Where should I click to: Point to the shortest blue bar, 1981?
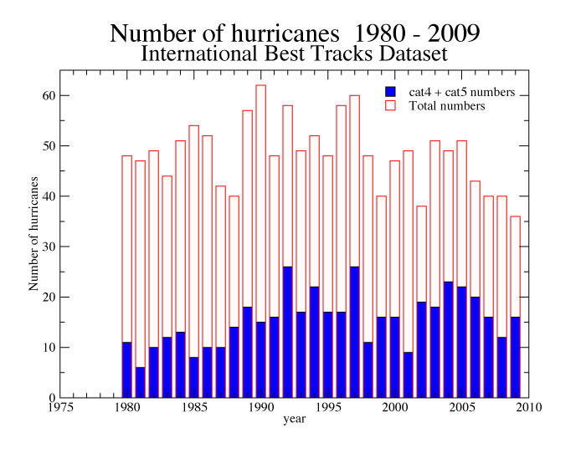[141, 382]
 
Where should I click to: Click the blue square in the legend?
[389, 91]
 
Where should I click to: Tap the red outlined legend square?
[389, 106]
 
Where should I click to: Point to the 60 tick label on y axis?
[49, 96]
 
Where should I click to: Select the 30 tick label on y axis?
[49, 247]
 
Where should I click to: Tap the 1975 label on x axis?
[59, 408]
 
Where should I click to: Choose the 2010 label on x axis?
[528, 408]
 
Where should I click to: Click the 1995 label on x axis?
[327, 408]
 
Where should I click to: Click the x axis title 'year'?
[293, 420]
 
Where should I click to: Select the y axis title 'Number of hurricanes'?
[34, 234]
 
